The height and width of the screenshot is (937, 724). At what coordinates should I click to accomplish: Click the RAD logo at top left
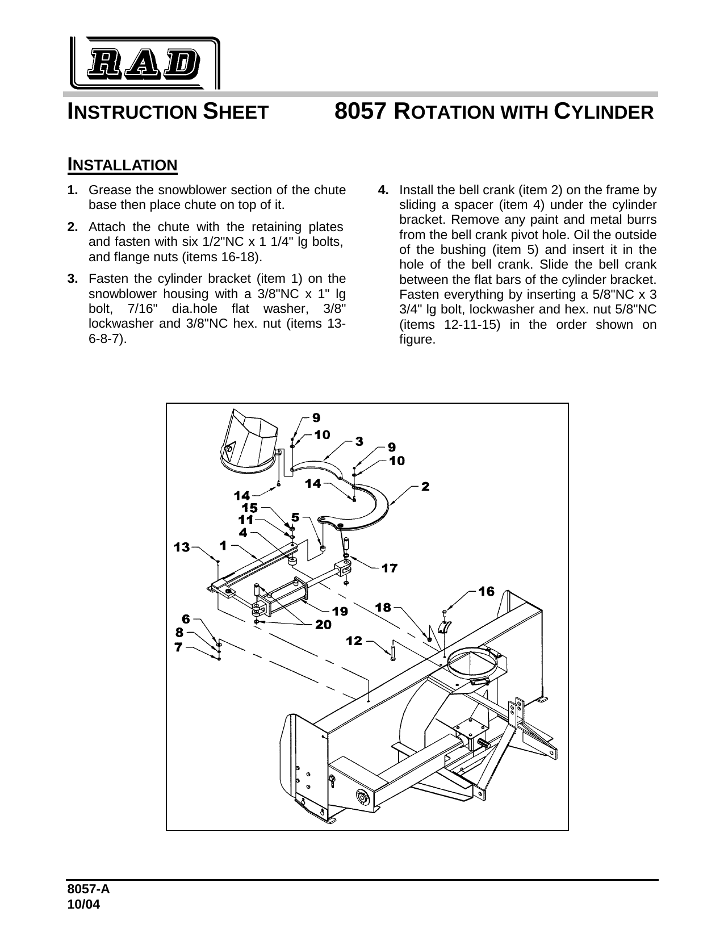click(145, 63)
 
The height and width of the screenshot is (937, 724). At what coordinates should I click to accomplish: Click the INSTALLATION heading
click(122, 165)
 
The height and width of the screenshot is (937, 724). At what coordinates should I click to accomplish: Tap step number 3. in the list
click(73, 279)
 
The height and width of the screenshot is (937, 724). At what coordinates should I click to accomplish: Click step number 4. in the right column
click(383, 189)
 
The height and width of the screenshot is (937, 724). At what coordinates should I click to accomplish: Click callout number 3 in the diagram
click(359, 441)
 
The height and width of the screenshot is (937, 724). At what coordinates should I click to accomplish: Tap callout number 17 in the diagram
click(390, 567)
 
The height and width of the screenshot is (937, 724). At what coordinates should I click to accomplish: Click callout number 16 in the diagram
click(487, 591)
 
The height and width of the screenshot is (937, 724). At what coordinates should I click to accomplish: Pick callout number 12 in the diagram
click(354, 641)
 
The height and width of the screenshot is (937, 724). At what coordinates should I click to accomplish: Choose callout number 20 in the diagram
click(323, 624)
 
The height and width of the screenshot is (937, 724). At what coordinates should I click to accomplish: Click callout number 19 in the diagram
click(340, 611)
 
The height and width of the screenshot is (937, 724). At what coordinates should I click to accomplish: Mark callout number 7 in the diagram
click(178, 647)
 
